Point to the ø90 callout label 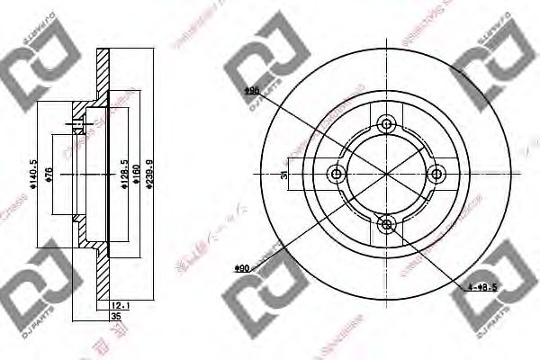(x=240, y=268)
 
